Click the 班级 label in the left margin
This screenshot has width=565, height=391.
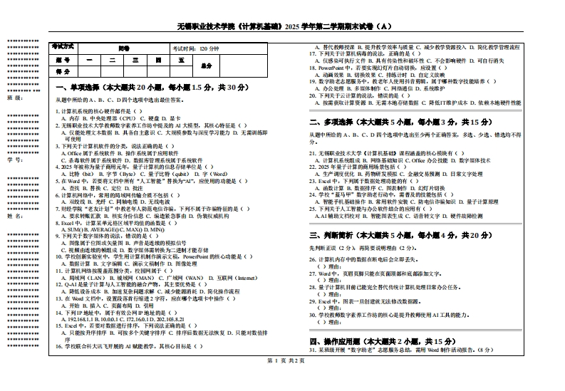(x=11, y=98)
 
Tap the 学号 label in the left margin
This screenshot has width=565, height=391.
(x=11, y=160)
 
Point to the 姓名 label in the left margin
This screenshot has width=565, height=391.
(x=11, y=214)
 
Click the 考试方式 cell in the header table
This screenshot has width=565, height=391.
(x=63, y=46)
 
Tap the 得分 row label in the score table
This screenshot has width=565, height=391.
(x=63, y=72)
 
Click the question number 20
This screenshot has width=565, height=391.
(x=312, y=96)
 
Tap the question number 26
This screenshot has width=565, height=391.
(x=312, y=260)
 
